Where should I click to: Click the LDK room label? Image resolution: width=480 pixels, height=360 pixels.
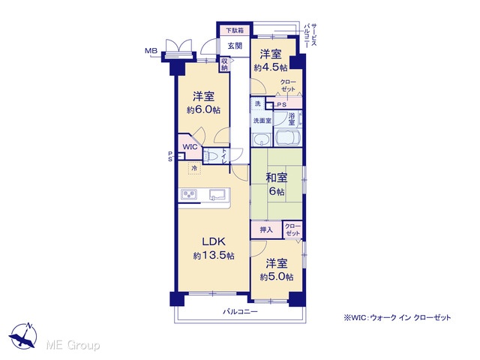[214, 241]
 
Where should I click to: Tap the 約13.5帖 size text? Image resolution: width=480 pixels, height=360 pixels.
[214, 255]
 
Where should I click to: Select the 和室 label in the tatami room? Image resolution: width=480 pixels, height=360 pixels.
[277, 178]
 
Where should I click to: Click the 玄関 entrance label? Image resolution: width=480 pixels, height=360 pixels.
[235, 46]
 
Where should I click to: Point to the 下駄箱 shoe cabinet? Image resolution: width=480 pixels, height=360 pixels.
[235, 30]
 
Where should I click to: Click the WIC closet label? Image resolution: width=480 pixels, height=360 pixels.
[190, 147]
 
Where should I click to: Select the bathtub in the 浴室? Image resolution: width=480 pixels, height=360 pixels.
[287, 137]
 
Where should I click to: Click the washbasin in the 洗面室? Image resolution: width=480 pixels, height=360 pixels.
[261, 139]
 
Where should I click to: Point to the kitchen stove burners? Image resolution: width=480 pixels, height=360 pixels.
[189, 194]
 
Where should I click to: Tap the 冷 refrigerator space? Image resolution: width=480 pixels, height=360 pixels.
[194, 168]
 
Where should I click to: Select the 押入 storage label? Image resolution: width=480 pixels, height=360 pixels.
[266, 229]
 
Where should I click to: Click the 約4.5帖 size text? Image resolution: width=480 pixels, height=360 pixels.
[271, 67]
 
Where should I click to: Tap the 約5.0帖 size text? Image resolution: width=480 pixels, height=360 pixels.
[277, 277]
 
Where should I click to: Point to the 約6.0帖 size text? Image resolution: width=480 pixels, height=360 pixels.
[203, 110]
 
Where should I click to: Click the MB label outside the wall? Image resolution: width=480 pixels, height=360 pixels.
[151, 51]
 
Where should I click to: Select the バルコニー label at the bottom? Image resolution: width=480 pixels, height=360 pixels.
[240, 312]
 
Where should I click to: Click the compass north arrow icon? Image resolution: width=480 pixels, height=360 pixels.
[23, 336]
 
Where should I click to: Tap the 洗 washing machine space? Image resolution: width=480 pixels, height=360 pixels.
[258, 103]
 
